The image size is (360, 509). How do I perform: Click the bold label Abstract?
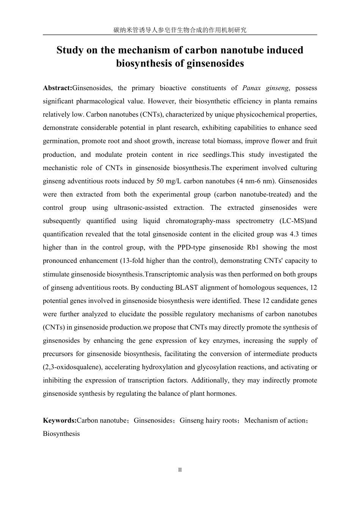pyautogui.click(x=57, y=88)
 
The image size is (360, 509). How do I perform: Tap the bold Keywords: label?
pyautogui.click(x=59, y=420)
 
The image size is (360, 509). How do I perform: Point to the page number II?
pyautogui.click(x=180, y=470)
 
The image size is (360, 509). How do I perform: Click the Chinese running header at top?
pyautogui.click(x=180, y=30)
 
